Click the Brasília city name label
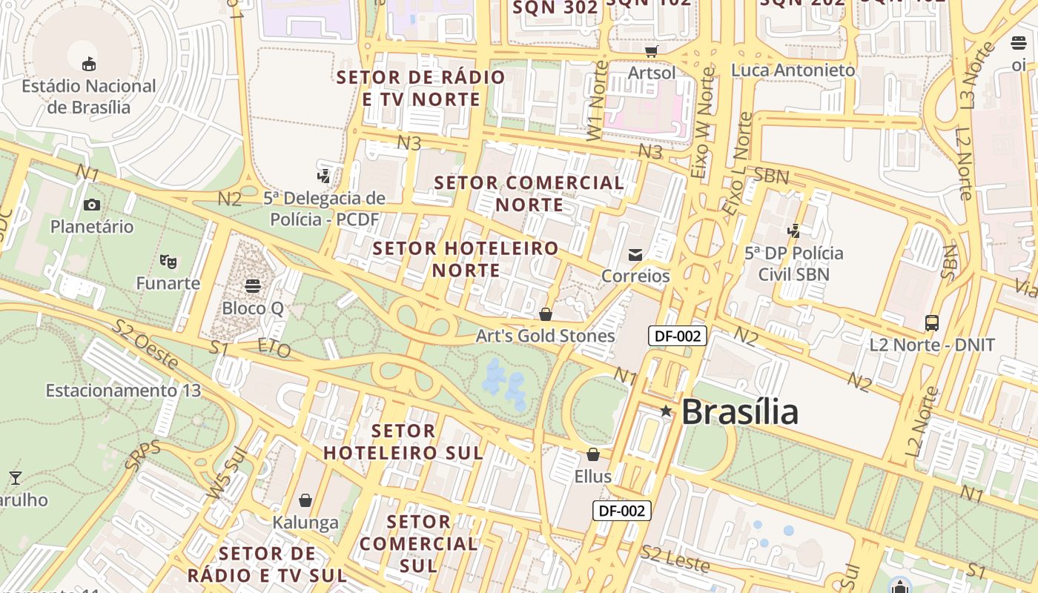(x=739, y=412)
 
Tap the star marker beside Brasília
(x=666, y=411)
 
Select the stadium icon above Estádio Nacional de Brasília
(x=89, y=64)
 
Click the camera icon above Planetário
(x=92, y=205)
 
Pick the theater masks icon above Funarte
(x=168, y=261)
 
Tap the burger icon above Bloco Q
(x=253, y=286)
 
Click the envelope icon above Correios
(x=635, y=255)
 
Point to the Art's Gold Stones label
(x=545, y=336)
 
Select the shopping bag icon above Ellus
(x=593, y=454)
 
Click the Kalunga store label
(x=305, y=522)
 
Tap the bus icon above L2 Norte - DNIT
(x=932, y=323)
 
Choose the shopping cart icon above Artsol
(x=652, y=51)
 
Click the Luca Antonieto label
(x=793, y=70)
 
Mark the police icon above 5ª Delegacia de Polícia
(x=323, y=176)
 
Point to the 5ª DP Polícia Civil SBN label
(x=793, y=263)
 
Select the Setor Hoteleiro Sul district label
(x=403, y=441)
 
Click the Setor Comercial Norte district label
(x=529, y=193)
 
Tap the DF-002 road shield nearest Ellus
(x=621, y=510)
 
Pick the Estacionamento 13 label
(x=123, y=391)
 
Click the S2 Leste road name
(x=675, y=558)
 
